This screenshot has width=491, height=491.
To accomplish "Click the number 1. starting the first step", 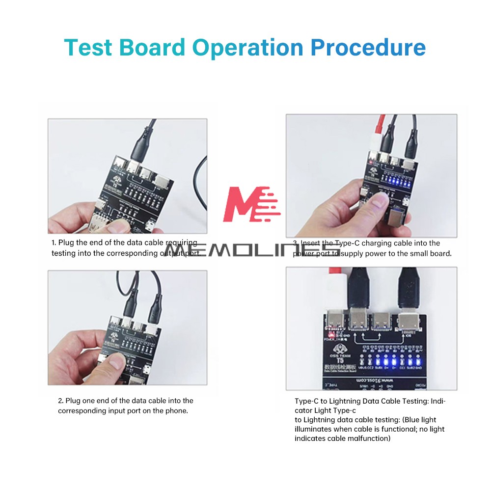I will tap(54, 243).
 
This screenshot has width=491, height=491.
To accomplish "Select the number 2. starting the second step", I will tap(61, 401).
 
